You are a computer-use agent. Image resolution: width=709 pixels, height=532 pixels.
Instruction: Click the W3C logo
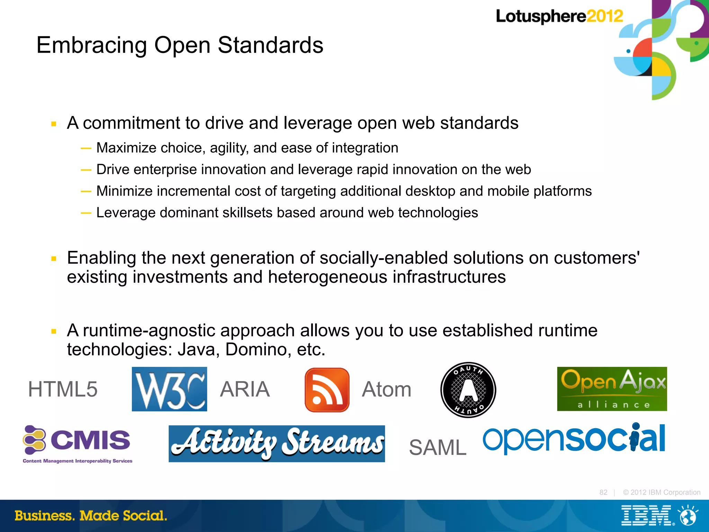click(x=169, y=389)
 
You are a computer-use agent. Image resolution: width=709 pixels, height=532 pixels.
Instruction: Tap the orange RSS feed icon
click(x=327, y=390)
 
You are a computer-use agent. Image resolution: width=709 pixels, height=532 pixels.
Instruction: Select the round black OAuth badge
click(x=468, y=390)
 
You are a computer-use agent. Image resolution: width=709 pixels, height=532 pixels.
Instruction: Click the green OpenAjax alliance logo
click(x=612, y=389)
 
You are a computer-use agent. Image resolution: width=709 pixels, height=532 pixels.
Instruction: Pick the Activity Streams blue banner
click(x=277, y=444)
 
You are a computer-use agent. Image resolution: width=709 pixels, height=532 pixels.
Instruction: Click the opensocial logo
click(x=574, y=439)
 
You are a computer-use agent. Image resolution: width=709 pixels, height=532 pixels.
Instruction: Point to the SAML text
click(x=438, y=448)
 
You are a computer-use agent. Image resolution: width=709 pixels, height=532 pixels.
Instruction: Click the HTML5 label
click(x=63, y=389)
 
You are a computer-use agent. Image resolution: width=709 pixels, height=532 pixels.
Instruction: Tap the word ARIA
click(x=245, y=389)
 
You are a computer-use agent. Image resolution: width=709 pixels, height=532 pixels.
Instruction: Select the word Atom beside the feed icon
click(x=386, y=389)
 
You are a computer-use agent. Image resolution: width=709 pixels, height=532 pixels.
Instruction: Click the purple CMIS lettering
click(x=90, y=440)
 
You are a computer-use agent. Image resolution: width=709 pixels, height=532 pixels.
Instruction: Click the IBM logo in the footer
click(x=646, y=516)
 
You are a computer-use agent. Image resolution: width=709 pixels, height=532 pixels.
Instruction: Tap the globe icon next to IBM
click(x=688, y=516)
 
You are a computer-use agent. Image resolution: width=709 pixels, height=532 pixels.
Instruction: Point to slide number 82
click(x=603, y=492)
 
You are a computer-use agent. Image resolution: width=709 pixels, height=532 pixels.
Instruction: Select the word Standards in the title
click(x=270, y=45)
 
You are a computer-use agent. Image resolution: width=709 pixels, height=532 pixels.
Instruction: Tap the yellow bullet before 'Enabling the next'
click(x=54, y=259)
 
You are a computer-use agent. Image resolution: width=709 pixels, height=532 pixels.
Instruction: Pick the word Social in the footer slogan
click(x=145, y=516)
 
